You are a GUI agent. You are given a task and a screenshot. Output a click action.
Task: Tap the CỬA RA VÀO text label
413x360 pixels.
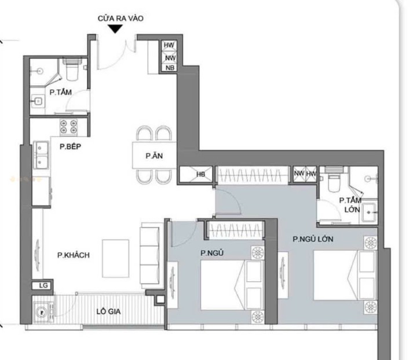coord(120,19)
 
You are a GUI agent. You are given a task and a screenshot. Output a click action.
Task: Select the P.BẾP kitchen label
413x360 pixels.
coord(70,146)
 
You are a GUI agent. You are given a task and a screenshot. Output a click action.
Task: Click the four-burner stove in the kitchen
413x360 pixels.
coord(69,127)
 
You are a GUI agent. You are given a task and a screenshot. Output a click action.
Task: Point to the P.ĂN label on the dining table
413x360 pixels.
coord(154,156)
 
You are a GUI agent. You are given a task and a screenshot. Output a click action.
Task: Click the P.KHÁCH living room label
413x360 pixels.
coord(74,255)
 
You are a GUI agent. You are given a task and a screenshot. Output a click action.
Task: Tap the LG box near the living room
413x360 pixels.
coord(42,285)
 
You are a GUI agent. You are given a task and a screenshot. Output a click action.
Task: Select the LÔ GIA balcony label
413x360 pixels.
coord(108,311)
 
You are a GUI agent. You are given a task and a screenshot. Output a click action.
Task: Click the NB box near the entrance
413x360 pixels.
coord(170,68)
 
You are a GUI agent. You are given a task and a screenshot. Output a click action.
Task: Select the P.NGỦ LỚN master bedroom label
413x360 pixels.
coord(313,239)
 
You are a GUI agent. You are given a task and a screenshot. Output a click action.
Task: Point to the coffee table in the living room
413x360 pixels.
coord(116,258)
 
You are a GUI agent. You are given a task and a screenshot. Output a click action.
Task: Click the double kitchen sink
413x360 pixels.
coord(41,156)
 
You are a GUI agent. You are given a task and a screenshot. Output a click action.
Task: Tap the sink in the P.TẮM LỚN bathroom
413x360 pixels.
coord(370,212)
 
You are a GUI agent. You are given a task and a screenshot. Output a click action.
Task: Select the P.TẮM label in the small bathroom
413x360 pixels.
coord(61,92)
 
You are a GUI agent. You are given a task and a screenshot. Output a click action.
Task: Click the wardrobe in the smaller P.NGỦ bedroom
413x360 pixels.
coord(236,230)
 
